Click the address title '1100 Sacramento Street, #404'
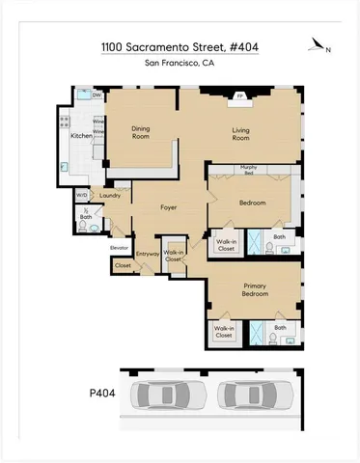pyautogui.click(x=180, y=46)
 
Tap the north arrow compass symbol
pyautogui.click(x=321, y=44)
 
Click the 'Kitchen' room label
pyautogui.click(x=83, y=136)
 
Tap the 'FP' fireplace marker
pyautogui.click(x=240, y=96)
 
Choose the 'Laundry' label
pyautogui.click(x=109, y=196)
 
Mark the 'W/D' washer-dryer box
pyautogui.click(x=82, y=196)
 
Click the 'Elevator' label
pyautogui.click(x=119, y=248)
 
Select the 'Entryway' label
pyautogui.click(x=148, y=254)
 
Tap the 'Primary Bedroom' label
pyautogui.click(x=255, y=290)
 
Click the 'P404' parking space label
pyautogui.click(x=90, y=395)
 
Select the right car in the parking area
pyautogui.click(x=254, y=395)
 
